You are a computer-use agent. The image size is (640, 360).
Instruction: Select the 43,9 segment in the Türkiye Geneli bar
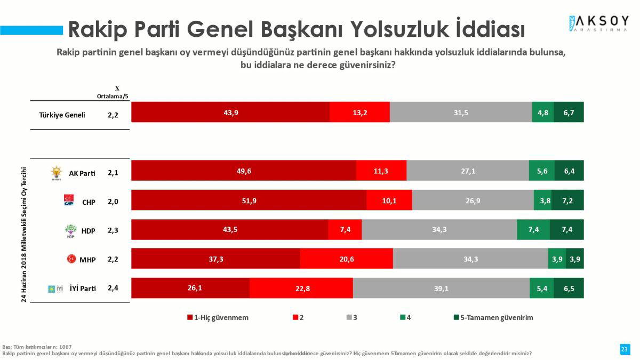coord(230,112)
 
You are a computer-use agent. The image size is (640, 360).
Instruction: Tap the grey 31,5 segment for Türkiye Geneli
coord(461,112)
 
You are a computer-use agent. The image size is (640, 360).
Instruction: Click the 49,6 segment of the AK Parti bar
coord(244,171)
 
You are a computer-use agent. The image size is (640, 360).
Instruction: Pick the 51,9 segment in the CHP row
coord(249,200)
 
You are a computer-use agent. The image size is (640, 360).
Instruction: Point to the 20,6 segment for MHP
coord(347,259)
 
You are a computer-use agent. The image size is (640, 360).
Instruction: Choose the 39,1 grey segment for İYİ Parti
coord(441,288)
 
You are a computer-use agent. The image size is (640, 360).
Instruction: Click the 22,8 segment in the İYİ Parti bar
coord(301,288)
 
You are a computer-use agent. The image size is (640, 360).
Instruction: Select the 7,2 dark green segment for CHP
coord(567,200)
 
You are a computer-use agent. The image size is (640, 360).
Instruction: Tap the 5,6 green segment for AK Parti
coord(541,171)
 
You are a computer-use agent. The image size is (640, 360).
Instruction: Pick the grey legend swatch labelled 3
coord(349,317)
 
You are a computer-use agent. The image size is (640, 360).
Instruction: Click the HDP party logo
coord(70,231)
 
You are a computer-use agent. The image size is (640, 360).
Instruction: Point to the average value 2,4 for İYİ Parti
coord(113,288)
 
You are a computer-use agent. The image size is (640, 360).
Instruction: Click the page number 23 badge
coord(625,349)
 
